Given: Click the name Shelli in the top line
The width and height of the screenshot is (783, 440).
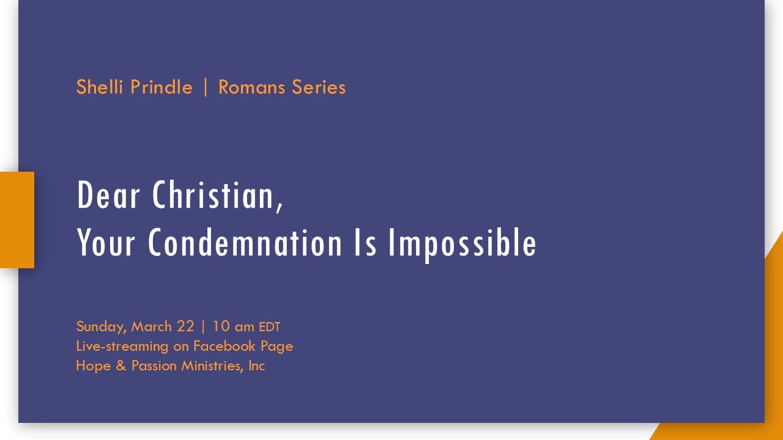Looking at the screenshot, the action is (99, 87).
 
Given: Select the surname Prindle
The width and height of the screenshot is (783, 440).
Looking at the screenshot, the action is (161, 87).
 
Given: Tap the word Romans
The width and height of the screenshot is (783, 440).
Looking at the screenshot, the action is (251, 87).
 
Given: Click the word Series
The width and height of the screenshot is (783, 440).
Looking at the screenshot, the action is (319, 87).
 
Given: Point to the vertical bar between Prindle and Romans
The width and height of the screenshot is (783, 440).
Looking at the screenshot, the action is (206, 87).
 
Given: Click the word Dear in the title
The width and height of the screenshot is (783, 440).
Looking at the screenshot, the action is (108, 195).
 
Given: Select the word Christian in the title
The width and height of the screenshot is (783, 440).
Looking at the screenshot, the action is (217, 196).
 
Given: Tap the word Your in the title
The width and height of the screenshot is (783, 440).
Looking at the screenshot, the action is (106, 243).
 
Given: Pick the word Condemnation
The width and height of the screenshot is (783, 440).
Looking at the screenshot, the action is (245, 243).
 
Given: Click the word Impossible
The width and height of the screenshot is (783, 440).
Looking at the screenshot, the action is (462, 244).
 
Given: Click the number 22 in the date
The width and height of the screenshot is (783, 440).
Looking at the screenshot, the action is (185, 326).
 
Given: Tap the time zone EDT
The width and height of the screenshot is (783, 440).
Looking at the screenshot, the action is (270, 327).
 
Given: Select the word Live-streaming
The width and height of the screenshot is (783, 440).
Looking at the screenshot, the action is (122, 346).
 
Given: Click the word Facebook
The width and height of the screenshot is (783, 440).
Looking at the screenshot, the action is (224, 346).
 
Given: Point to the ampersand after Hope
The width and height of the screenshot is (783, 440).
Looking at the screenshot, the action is (121, 366).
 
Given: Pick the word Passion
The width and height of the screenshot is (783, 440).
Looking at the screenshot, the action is (154, 366).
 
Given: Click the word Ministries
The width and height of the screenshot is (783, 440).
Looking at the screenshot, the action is (212, 366).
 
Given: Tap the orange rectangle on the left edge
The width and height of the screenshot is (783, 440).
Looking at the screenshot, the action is (17, 220).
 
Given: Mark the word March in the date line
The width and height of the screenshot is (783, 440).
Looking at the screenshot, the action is (151, 326).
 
